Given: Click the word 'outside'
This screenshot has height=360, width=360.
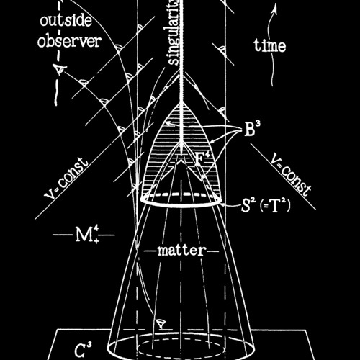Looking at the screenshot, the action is (66, 21).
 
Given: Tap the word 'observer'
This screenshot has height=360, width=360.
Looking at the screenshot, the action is (69, 41).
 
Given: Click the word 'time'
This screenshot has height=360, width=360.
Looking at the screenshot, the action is (270, 45).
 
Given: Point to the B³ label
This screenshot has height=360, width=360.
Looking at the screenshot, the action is (249, 129).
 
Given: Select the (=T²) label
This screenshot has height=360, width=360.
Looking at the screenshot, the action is (276, 206).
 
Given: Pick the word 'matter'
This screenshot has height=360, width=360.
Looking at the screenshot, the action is (181, 251).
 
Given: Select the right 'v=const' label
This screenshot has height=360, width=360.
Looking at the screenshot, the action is (291, 174).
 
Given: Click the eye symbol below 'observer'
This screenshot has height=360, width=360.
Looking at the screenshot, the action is (59, 69).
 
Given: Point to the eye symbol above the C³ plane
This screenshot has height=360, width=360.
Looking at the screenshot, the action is (161, 323).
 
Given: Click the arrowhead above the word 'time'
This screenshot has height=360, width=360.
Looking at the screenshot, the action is (275, 9).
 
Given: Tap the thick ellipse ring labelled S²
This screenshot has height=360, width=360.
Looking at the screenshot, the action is (181, 206).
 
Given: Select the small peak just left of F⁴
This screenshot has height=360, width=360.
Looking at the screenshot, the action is (181, 161).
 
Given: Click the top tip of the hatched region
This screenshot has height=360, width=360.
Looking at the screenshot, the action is (181, 103).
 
